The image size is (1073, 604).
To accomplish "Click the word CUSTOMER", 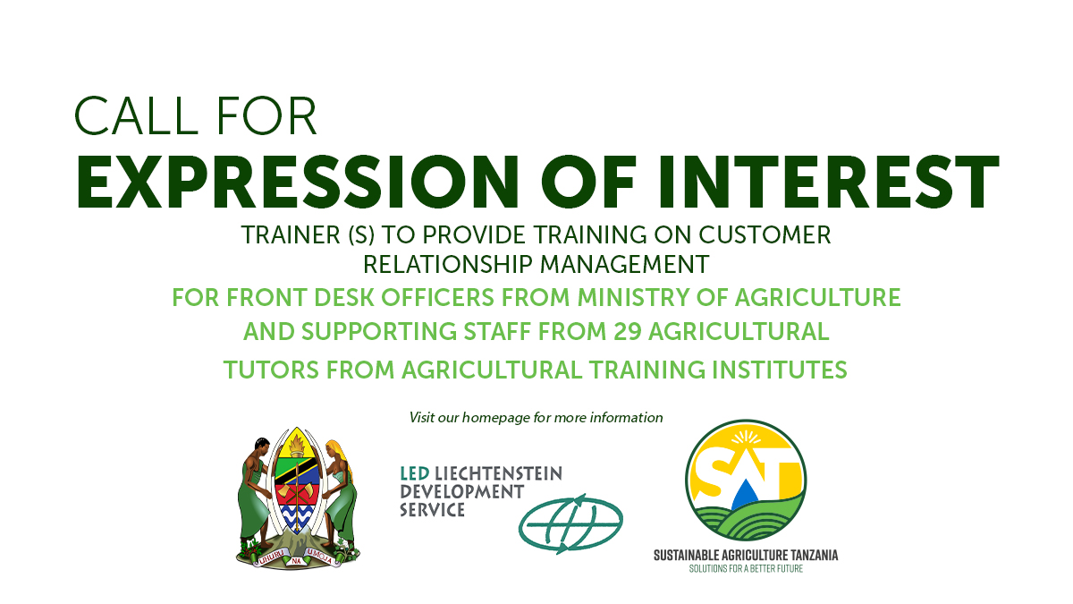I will [765, 235].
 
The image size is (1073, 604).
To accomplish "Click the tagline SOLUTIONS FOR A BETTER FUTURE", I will [745, 568].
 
